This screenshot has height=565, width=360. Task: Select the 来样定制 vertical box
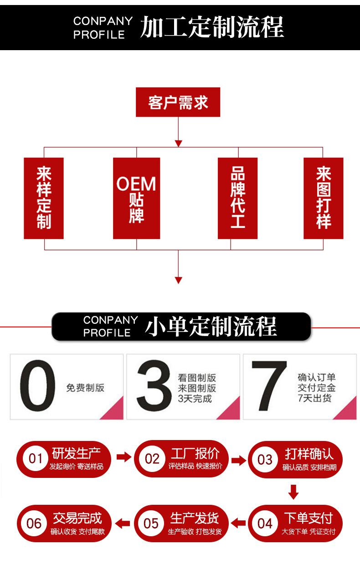click(x=44, y=198)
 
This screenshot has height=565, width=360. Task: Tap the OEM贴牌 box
click(x=136, y=198)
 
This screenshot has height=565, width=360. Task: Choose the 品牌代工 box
click(x=237, y=198)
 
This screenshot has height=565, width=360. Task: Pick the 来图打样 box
click(x=323, y=198)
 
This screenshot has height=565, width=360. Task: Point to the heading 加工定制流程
click(x=211, y=26)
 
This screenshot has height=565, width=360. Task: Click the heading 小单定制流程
click(x=211, y=326)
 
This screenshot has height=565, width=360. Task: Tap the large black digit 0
click(x=38, y=387)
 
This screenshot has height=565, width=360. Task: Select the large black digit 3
click(x=153, y=387)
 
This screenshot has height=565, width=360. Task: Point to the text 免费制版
click(x=85, y=388)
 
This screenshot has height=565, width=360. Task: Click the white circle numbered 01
click(x=35, y=459)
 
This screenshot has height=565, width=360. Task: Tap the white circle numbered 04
click(x=265, y=523)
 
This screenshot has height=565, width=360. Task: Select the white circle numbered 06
click(x=34, y=523)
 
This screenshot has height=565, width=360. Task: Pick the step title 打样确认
click(x=309, y=453)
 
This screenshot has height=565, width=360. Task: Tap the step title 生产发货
click(x=195, y=518)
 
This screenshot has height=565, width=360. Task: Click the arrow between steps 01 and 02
click(x=123, y=457)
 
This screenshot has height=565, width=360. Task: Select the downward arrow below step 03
click(x=294, y=492)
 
